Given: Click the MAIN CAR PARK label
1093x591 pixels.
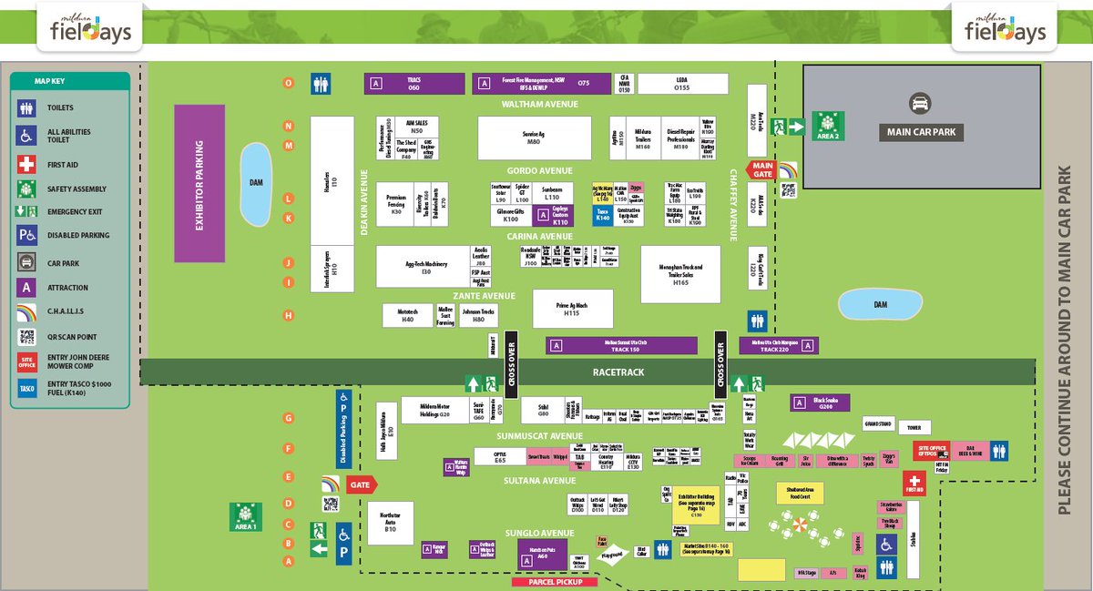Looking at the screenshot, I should pyautogui.click(x=921, y=133).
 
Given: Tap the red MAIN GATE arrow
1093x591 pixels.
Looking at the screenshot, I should pyautogui.click(x=761, y=169).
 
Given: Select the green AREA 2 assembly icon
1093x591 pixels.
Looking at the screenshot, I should pyautogui.click(x=829, y=126).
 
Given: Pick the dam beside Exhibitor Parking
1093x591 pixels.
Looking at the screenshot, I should pyautogui.click(x=256, y=183).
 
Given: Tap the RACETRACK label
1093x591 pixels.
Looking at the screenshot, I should pyautogui.click(x=618, y=372).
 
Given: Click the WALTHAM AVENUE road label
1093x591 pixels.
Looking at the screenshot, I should pyautogui.click(x=540, y=105).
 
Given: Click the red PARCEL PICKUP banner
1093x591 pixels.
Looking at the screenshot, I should pyautogui.click(x=554, y=581).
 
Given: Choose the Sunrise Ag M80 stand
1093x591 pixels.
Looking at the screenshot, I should pyautogui.click(x=533, y=138).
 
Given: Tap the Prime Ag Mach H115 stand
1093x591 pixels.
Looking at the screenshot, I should pyautogui.click(x=572, y=309).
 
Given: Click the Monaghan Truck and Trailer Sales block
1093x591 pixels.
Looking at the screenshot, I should pyautogui.click(x=680, y=274).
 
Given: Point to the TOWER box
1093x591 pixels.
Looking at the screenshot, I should pyautogui.click(x=915, y=427).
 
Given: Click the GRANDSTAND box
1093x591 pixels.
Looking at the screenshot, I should pyautogui.click(x=878, y=424).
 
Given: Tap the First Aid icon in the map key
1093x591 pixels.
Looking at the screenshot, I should pyautogui.click(x=26, y=166).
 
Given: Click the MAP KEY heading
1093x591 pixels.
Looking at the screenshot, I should pyautogui.click(x=50, y=81).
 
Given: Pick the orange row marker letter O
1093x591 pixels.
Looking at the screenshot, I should pyautogui.click(x=288, y=83).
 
